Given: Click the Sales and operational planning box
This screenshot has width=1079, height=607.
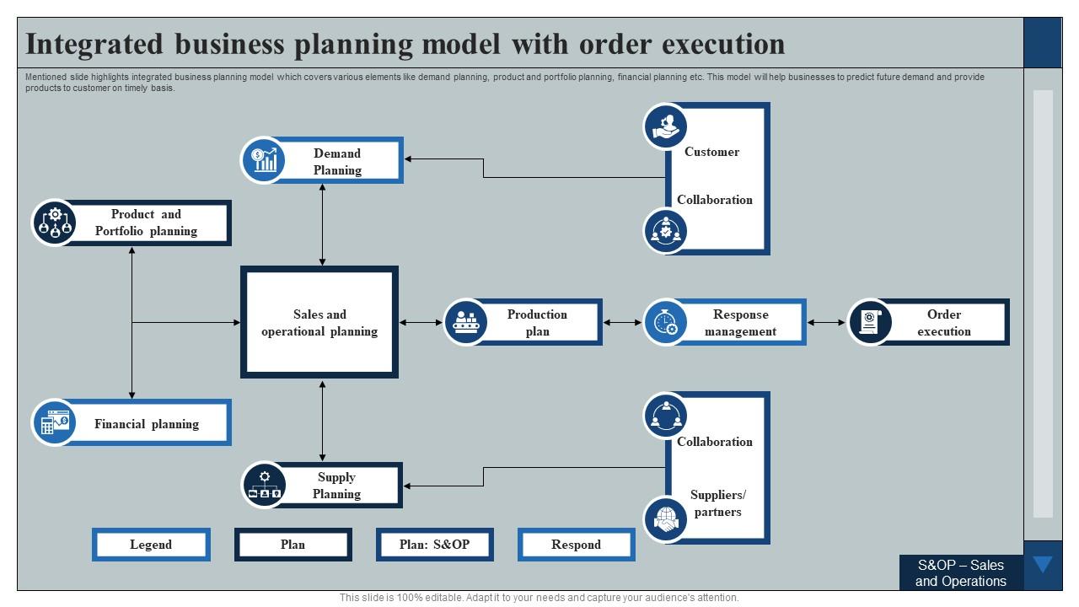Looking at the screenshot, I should point(319,322).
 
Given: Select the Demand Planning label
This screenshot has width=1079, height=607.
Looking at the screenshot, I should point(337,161).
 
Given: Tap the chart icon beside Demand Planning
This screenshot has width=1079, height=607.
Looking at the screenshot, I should point(264,160).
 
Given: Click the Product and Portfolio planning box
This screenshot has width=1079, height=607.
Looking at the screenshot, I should point(145,223).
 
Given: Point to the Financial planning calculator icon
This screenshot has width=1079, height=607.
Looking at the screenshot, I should point(55,422).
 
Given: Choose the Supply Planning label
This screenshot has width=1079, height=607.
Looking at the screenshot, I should point(336,486).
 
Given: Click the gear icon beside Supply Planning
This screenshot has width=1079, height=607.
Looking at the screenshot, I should point(264,485).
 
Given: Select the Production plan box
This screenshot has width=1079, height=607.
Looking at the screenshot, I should point(537,322).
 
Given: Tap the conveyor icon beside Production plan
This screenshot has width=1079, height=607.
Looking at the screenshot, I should point(466,322).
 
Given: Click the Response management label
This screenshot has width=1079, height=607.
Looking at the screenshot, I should point(740,322).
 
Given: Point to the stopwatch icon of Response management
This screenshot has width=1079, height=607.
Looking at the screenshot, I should point(666,322).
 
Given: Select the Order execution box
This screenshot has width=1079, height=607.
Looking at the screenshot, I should point(943,322).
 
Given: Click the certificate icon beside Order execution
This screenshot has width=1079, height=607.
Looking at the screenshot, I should point(870,322).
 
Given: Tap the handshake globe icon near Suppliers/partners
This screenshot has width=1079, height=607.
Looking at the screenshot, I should point(666,518).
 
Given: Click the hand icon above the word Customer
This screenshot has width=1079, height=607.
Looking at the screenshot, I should point(666,126).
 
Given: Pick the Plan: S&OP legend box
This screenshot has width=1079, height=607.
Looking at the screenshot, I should point(434,545).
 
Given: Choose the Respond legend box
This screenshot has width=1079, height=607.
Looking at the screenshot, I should point(576,545).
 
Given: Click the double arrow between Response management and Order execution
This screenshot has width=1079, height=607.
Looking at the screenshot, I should point(826,322).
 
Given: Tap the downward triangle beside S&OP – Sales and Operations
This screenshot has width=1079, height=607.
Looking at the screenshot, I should point(1043,565).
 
